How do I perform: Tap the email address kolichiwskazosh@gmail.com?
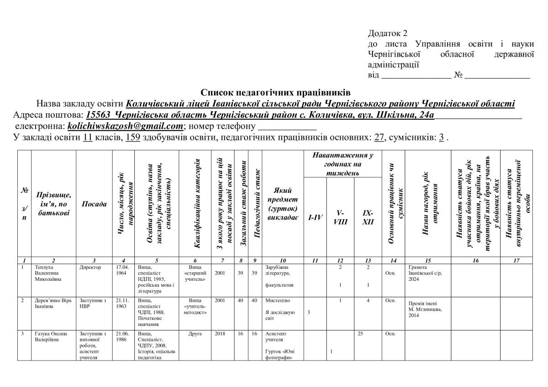coord(125,125)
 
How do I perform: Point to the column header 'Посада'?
coord(94,204)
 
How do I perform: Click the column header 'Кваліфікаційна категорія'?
coord(197,204)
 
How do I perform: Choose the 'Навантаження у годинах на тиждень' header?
coord(342,164)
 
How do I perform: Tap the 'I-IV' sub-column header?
coord(314,217)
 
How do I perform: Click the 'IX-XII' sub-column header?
coord(368,217)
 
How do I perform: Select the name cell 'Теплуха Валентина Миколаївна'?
coord(48,273)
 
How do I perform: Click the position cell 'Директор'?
coord(90,267)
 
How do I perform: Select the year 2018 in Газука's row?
coord(220,334)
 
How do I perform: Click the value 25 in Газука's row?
coord(360,334)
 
